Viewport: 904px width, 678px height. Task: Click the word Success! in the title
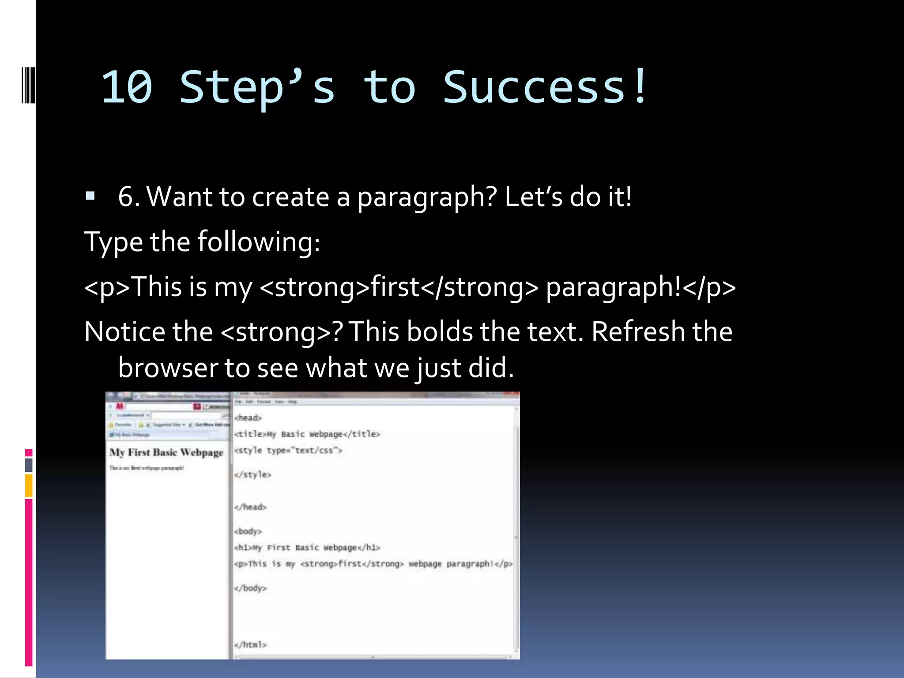pos(545,87)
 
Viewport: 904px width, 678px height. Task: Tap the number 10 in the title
pos(127,87)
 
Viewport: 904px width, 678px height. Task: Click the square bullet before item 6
pos(90,196)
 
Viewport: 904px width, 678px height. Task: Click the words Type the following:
pos(202,242)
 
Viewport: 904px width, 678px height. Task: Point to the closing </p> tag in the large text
pos(709,287)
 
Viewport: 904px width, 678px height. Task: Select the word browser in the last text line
pos(168,368)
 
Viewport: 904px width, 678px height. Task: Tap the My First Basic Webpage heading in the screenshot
pos(166,452)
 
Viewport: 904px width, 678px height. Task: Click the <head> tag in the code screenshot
pos(248,418)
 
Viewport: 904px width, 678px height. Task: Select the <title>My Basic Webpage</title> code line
pos(307,434)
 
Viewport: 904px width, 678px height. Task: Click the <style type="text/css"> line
pos(288,450)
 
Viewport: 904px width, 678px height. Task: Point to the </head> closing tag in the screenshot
pos(250,507)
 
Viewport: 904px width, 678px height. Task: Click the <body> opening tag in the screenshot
pos(248,531)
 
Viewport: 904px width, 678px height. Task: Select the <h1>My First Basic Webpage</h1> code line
pos(307,547)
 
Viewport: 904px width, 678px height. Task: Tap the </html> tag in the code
pos(250,644)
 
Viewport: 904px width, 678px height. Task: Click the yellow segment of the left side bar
pos(29,485)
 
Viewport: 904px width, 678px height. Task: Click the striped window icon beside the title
pos(29,85)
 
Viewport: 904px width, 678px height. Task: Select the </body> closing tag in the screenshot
pos(250,588)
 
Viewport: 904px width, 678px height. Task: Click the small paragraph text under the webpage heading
pos(147,468)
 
